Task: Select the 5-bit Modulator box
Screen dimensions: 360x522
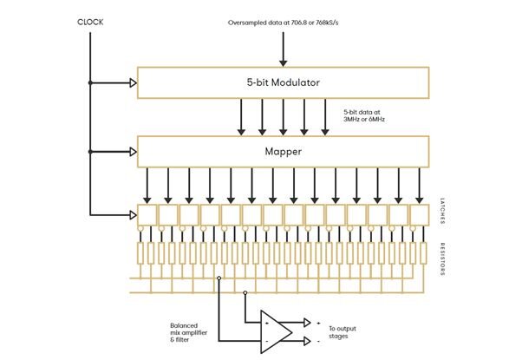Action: coord(283,83)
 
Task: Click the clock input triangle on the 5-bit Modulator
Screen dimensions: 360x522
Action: coord(134,83)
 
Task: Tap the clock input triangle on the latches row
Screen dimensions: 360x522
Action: coord(134,213)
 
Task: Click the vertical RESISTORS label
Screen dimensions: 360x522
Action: coord(442,258)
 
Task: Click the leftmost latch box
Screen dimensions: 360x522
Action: coord(147,214)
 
